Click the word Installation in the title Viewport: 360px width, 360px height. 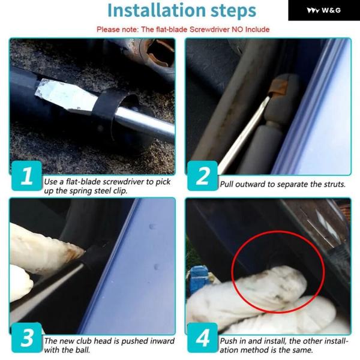pos(157,10)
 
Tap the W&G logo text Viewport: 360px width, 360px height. pos(331,10)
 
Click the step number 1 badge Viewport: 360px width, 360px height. pos(26,176)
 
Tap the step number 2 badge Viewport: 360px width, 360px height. pos(203,176)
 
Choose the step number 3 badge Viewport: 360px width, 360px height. pos(26,337)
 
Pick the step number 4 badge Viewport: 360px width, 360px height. pos(203,337)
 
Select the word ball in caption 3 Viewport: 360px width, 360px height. pos(83,350)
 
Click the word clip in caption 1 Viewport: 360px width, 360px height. pos(121,191)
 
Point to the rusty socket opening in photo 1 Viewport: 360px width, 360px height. pos(161,55)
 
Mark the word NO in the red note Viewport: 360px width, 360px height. pos(238,29)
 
